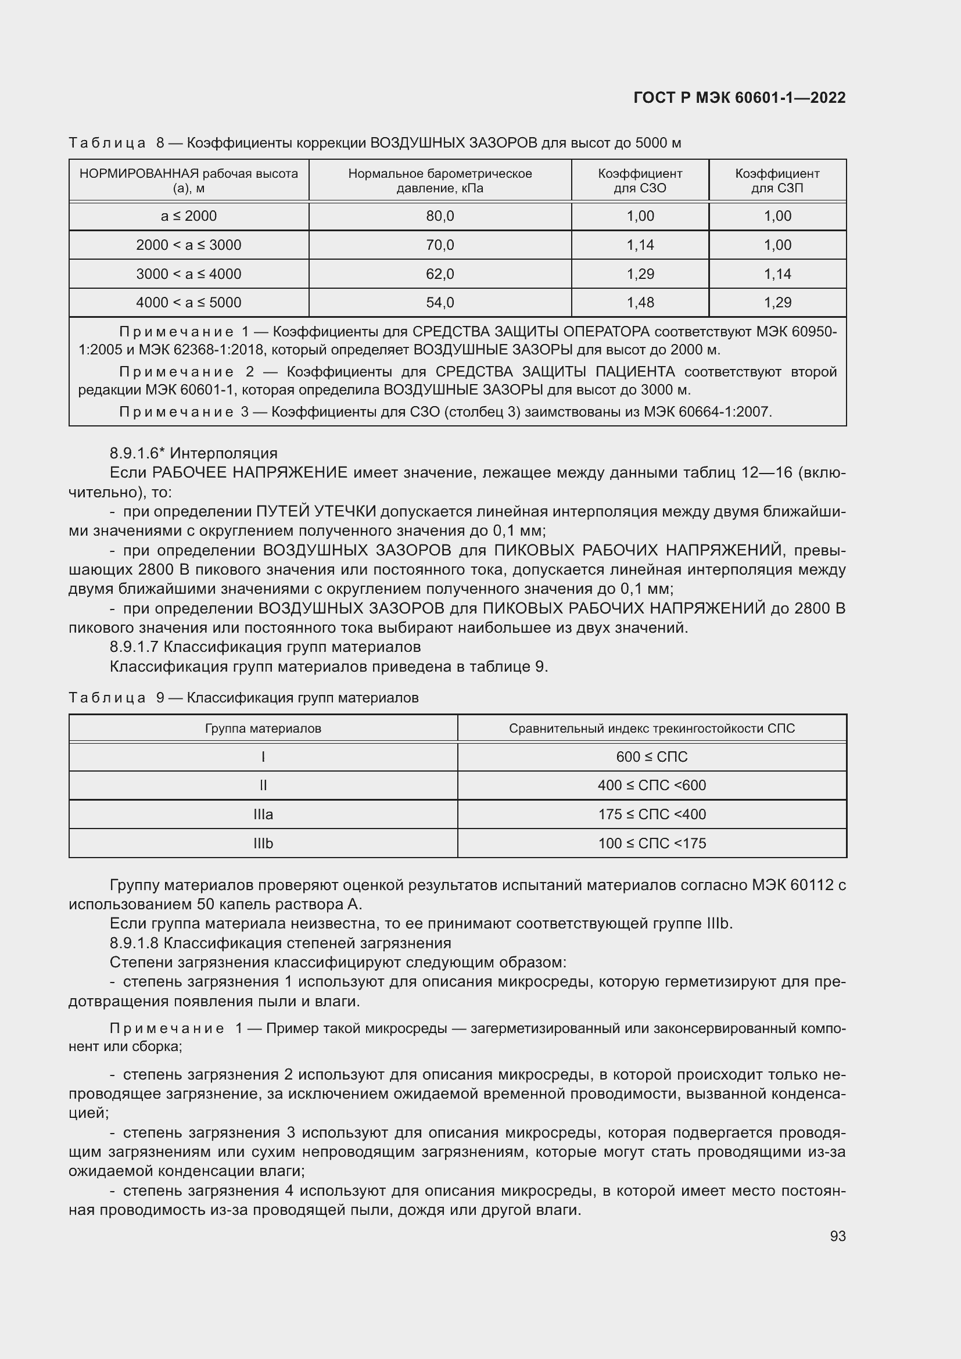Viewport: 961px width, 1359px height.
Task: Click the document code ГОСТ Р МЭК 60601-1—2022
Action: (x=739, y=98)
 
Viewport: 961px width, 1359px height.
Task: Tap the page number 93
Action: (x=837, y=1236)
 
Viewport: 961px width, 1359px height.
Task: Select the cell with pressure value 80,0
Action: (x=440, y=216)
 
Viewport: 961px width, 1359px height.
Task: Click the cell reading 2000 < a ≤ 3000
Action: (x=188, y=245)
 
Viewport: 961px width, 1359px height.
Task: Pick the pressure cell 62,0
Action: (x=440, y=274)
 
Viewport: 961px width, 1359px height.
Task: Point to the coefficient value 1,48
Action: (x=640, y=303)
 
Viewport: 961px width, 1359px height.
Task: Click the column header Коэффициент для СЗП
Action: (x=777, y=181)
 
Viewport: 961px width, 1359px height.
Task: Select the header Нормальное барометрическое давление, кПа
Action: (x=440, y=181)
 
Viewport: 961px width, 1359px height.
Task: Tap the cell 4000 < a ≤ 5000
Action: (x=188, y=303)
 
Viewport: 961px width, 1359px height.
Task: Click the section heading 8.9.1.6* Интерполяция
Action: (x=193, y=453)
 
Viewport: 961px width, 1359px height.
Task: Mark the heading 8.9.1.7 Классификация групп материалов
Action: (x=265, y=646)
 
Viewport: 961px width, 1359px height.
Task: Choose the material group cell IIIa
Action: (x=263, y=815)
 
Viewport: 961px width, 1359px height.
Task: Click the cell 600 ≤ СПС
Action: (x=651, y=757)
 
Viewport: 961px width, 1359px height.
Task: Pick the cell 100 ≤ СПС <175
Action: (x=651, y=844)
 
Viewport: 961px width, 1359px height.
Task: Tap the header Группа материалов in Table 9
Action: (x=263, y=729)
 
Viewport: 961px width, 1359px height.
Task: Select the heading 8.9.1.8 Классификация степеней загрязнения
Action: (x=281, y=943)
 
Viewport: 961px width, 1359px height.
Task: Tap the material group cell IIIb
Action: (x=263, y=844)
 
